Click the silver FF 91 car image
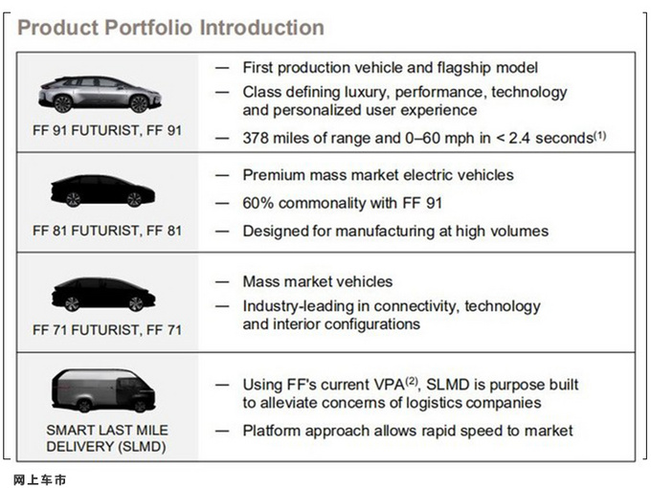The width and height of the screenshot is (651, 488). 100,94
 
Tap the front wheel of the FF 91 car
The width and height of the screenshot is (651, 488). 139,103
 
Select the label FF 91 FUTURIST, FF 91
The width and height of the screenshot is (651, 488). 107,130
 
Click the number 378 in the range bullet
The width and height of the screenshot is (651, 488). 255,138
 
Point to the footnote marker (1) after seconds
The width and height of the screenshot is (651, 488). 600,135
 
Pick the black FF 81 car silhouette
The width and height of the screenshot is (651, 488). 102,190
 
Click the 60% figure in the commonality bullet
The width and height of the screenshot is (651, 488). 258,203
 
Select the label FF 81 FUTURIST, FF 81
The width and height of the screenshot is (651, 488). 107,231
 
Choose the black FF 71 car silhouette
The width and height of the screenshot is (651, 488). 103,295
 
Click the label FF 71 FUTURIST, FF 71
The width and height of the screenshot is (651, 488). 107,330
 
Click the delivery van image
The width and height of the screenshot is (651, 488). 103,390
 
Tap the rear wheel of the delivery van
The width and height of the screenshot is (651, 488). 84,405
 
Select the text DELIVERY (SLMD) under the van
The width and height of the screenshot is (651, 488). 106,447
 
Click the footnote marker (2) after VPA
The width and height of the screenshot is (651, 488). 411,381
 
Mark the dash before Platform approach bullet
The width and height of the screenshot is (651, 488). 222,431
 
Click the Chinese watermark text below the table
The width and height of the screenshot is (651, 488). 40,480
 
